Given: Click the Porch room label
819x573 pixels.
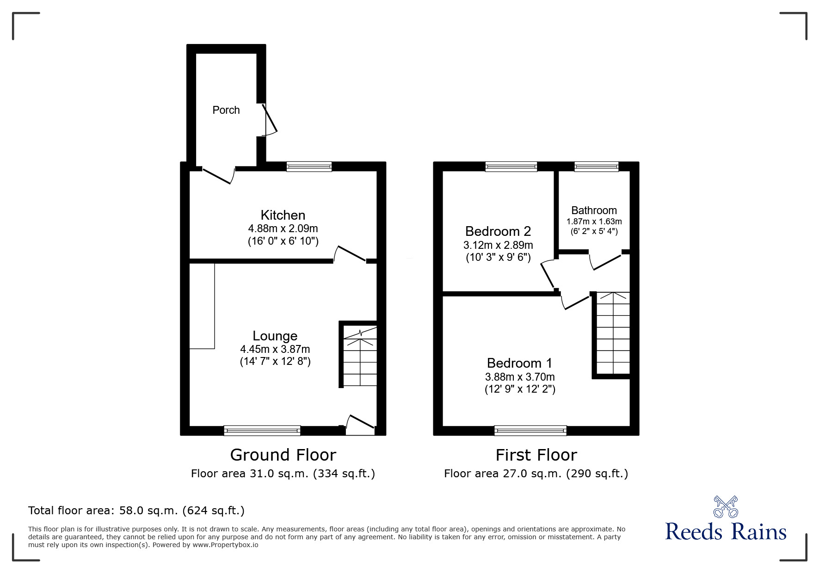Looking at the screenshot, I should click(226, 110).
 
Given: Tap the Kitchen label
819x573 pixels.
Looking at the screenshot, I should click(283, 215).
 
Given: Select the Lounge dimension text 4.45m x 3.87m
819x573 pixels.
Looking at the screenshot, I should click(275, 349).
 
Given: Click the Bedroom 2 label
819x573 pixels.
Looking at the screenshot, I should click(498, 231).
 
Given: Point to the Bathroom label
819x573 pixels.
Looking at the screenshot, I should click(594, 210).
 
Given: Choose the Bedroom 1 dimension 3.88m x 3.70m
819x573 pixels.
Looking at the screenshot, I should click(520, 377).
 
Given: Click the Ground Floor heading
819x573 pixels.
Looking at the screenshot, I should click(283, 455).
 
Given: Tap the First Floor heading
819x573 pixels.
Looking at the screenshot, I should click(536, 455).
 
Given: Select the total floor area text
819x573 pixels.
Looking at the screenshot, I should click(136, 511).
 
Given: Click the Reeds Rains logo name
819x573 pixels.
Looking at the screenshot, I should click(726, 532).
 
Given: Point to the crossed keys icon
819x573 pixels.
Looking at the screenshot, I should click(726, 506).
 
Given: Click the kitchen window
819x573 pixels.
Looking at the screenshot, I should click(309, 166).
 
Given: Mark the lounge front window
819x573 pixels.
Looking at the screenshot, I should click(262, 431).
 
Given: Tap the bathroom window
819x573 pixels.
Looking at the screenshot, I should click(596, 166).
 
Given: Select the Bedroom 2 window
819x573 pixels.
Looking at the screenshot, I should click(511, 166).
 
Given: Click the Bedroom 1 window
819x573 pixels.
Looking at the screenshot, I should click(530, 431).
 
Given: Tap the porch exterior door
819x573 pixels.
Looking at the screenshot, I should click(270, 119).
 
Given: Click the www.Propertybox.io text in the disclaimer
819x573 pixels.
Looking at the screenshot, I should click(225, 545).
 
